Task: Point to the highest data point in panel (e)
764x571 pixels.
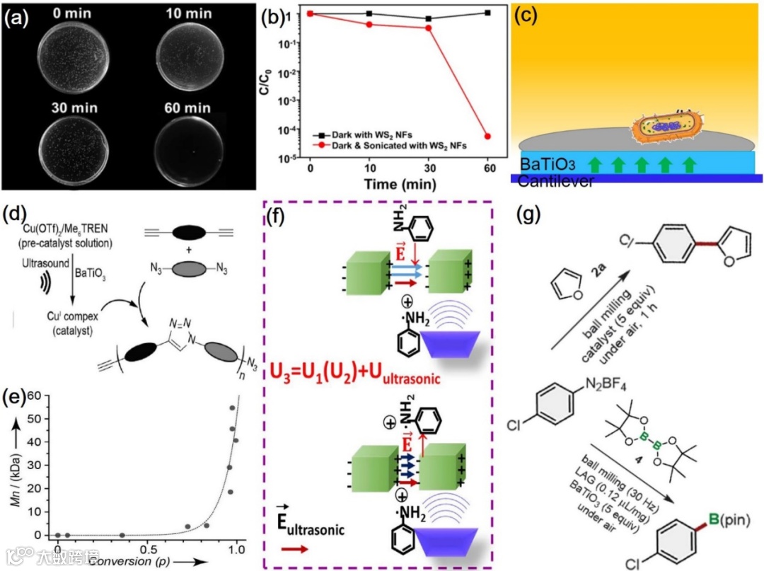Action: [x=231, y=408]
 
